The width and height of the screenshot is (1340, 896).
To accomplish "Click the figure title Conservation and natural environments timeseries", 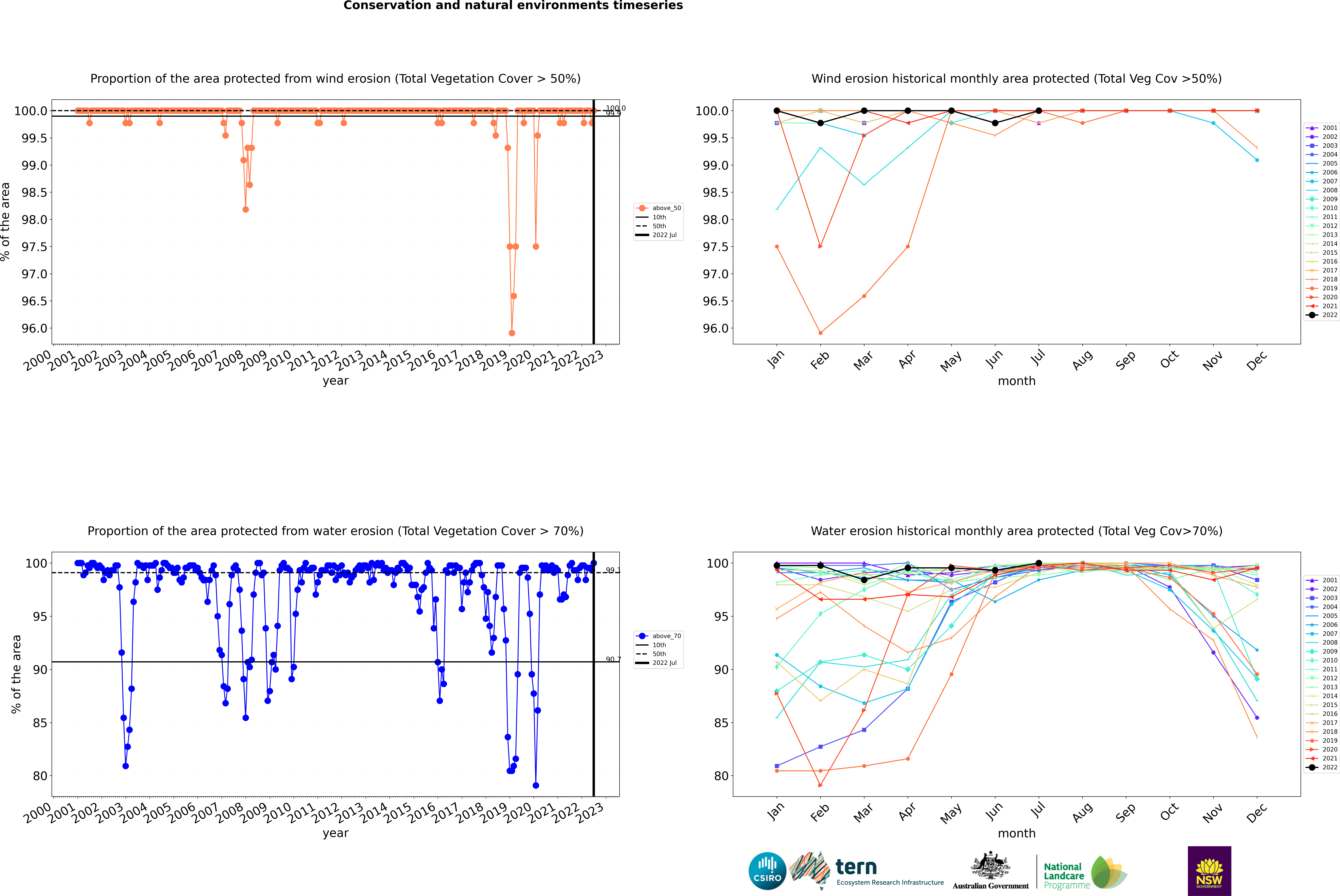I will tap(513, 6).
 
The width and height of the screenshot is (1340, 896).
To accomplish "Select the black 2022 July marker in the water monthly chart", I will tap(1038, 563).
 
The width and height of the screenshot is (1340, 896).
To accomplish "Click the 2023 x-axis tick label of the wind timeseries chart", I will tap(590, 361).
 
